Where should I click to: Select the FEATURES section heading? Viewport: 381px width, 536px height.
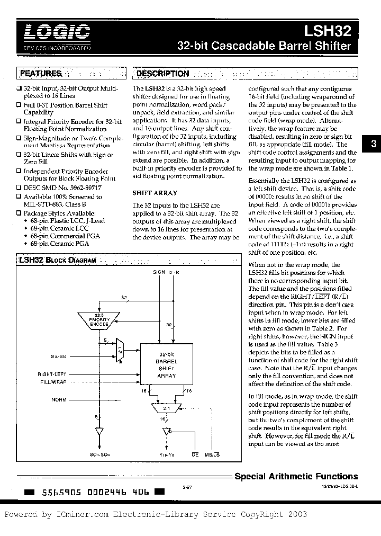coord(41,74)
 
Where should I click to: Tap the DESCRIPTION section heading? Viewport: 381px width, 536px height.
coord(163,74)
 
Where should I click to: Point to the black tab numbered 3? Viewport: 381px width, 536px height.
coord(373,144)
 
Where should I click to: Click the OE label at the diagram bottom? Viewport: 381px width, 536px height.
coord(195,454)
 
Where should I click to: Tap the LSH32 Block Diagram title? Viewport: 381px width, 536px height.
coord(57,261)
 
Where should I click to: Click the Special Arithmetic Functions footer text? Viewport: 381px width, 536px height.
coord(296,476)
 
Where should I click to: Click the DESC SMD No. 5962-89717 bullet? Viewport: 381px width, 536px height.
coord(62,187)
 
